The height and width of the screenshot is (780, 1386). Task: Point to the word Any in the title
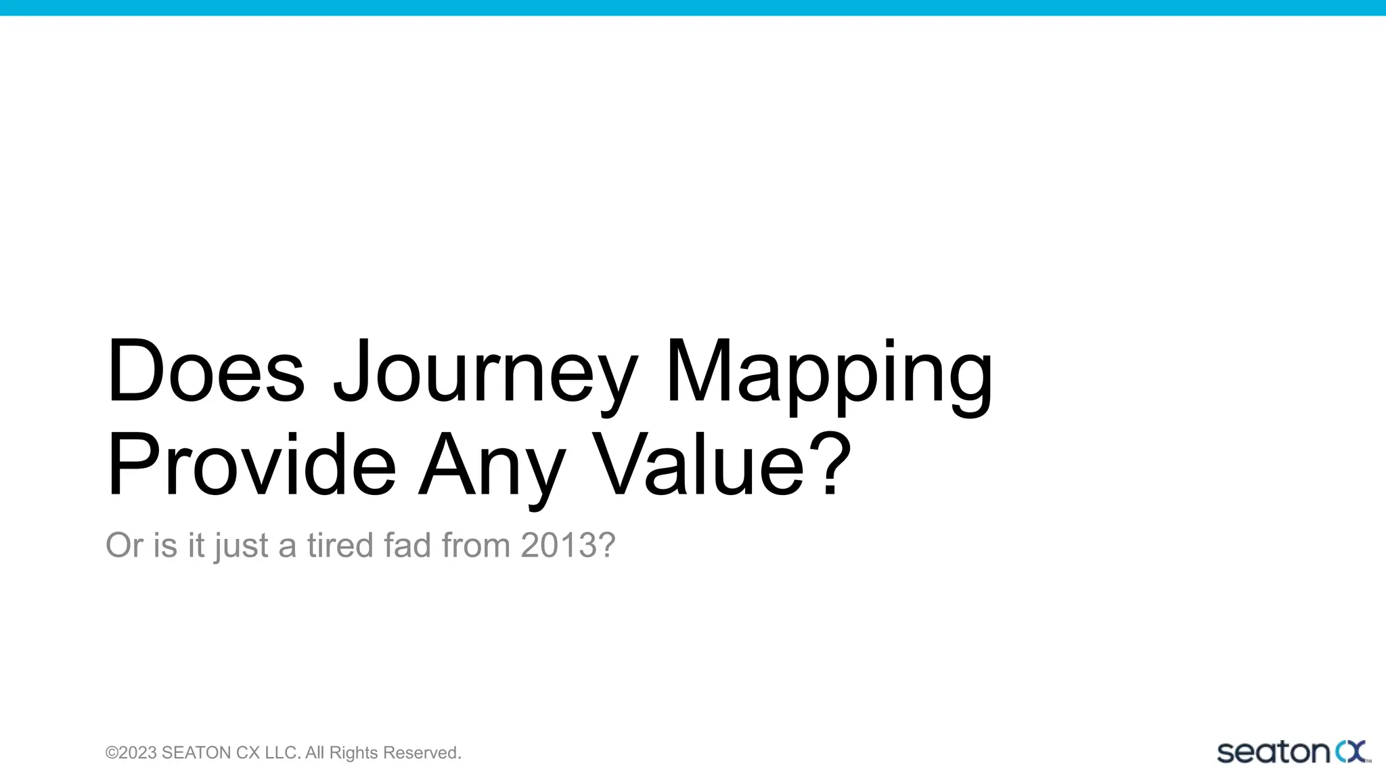pyautogui.click(x=492, y=469)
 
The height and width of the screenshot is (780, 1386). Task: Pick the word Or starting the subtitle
pyautogui.click(x=124, y=545)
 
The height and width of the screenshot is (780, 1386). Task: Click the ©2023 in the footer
pyautogui.click(x=131, y=753)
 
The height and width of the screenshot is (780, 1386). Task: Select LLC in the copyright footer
pyautogui.click(x=281, y=753)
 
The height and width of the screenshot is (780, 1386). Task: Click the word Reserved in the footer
pyautogui.click(x=422, y=753)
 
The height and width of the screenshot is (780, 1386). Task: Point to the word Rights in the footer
pyautogui.click(x=353, y=753)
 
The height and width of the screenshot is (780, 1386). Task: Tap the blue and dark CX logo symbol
pyautogui.click(x=1351, y=752)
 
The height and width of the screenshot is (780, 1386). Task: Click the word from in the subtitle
pyautogui.click(x=476, y=545)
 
